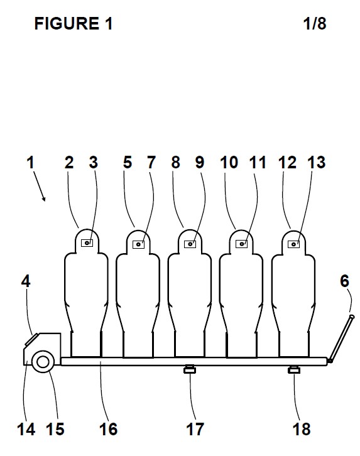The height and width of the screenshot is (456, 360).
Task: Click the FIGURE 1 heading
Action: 74,24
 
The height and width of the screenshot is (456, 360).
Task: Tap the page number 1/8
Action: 314,24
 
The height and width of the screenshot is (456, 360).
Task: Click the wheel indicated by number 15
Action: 43,362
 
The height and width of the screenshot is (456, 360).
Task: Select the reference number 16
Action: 108,429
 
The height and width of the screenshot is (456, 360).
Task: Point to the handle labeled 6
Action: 341,339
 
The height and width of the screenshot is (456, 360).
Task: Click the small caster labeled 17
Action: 190,369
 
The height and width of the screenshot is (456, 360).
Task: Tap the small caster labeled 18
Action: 293,369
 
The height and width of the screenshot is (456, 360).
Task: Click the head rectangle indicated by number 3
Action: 87,242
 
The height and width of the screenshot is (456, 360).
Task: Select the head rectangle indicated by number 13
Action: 293,244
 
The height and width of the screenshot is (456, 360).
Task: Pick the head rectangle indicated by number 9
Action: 190,244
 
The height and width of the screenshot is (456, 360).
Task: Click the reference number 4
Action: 26,281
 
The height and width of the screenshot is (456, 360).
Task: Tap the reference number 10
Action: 229,162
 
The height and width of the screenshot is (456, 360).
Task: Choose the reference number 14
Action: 26,429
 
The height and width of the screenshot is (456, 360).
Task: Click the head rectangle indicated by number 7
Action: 138,244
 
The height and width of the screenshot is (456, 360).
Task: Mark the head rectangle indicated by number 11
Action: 241,244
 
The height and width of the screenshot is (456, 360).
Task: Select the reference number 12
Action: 287,162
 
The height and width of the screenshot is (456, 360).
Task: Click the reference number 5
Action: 128,162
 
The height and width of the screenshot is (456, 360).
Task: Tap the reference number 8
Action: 175,162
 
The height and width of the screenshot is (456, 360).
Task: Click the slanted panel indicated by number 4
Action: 31,339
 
